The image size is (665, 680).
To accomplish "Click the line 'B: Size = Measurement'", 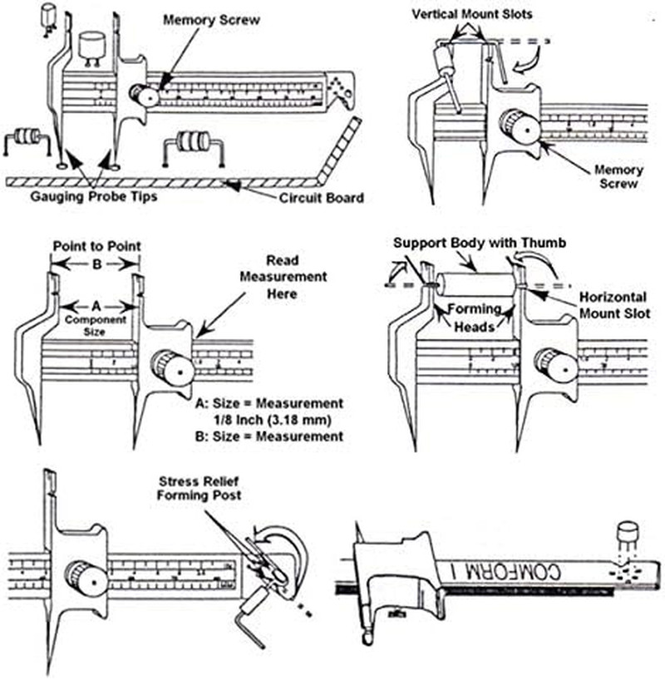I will (x=267, y=436).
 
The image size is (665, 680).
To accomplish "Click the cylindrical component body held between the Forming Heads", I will (x=475, y=283).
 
